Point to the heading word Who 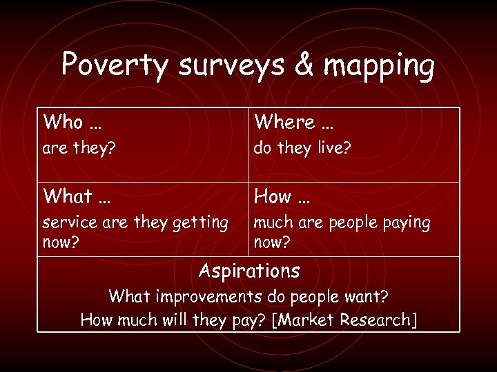[x=63, y=123]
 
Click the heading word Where [x=284, y=123]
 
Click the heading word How [x=273, y=197]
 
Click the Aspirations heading [x=248, y=271]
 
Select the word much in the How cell [x=273, y=223]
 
